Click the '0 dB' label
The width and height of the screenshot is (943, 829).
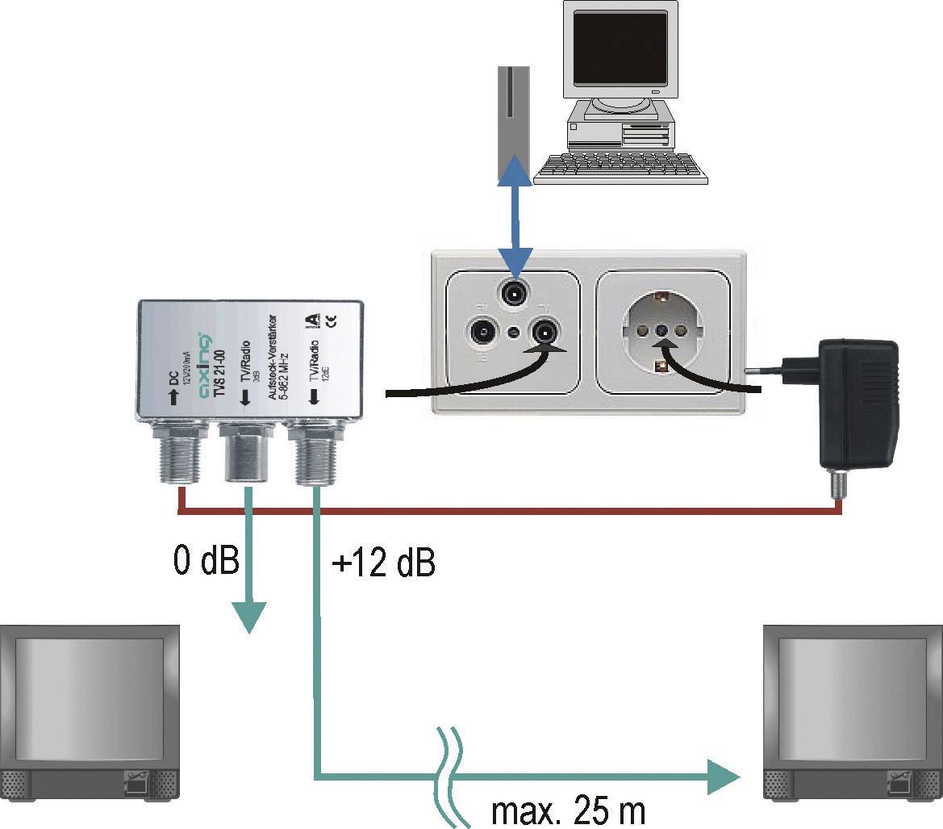(x=206, y=560)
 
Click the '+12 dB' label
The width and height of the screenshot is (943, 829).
(x=383, y=564)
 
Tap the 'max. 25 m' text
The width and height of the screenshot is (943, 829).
(x=569, y=810)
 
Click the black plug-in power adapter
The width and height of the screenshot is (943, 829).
(x=857, y=403)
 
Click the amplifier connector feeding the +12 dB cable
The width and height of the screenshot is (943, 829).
(x=315, y=460)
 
